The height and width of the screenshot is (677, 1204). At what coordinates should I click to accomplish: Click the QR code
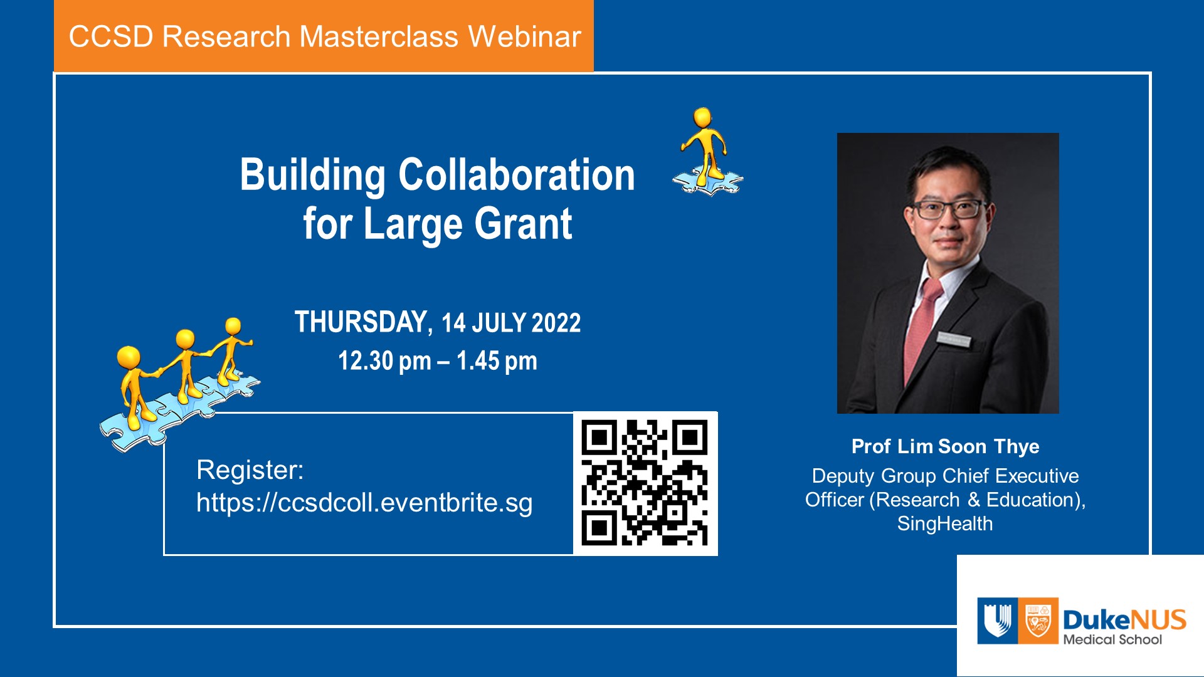(645, 483)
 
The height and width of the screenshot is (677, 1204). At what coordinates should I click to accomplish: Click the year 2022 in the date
(556, 323)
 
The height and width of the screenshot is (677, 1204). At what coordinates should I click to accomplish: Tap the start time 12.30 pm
(384, 361)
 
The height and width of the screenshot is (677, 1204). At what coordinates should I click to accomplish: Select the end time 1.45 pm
(497, 361)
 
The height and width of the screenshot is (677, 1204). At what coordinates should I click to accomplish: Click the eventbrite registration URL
(364, 503)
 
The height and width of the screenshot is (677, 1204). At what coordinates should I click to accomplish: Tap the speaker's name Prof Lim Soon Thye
(945, 446)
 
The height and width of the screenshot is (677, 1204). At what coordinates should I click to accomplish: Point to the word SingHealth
(945, 523)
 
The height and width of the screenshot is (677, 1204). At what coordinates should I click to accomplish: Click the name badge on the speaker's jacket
(954, 340)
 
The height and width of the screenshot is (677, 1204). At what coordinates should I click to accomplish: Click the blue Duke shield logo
(997, 621)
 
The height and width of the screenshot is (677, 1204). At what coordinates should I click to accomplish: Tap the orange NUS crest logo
(1038, 621)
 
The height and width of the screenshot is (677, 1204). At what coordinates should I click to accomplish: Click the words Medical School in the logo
(1112, 639)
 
